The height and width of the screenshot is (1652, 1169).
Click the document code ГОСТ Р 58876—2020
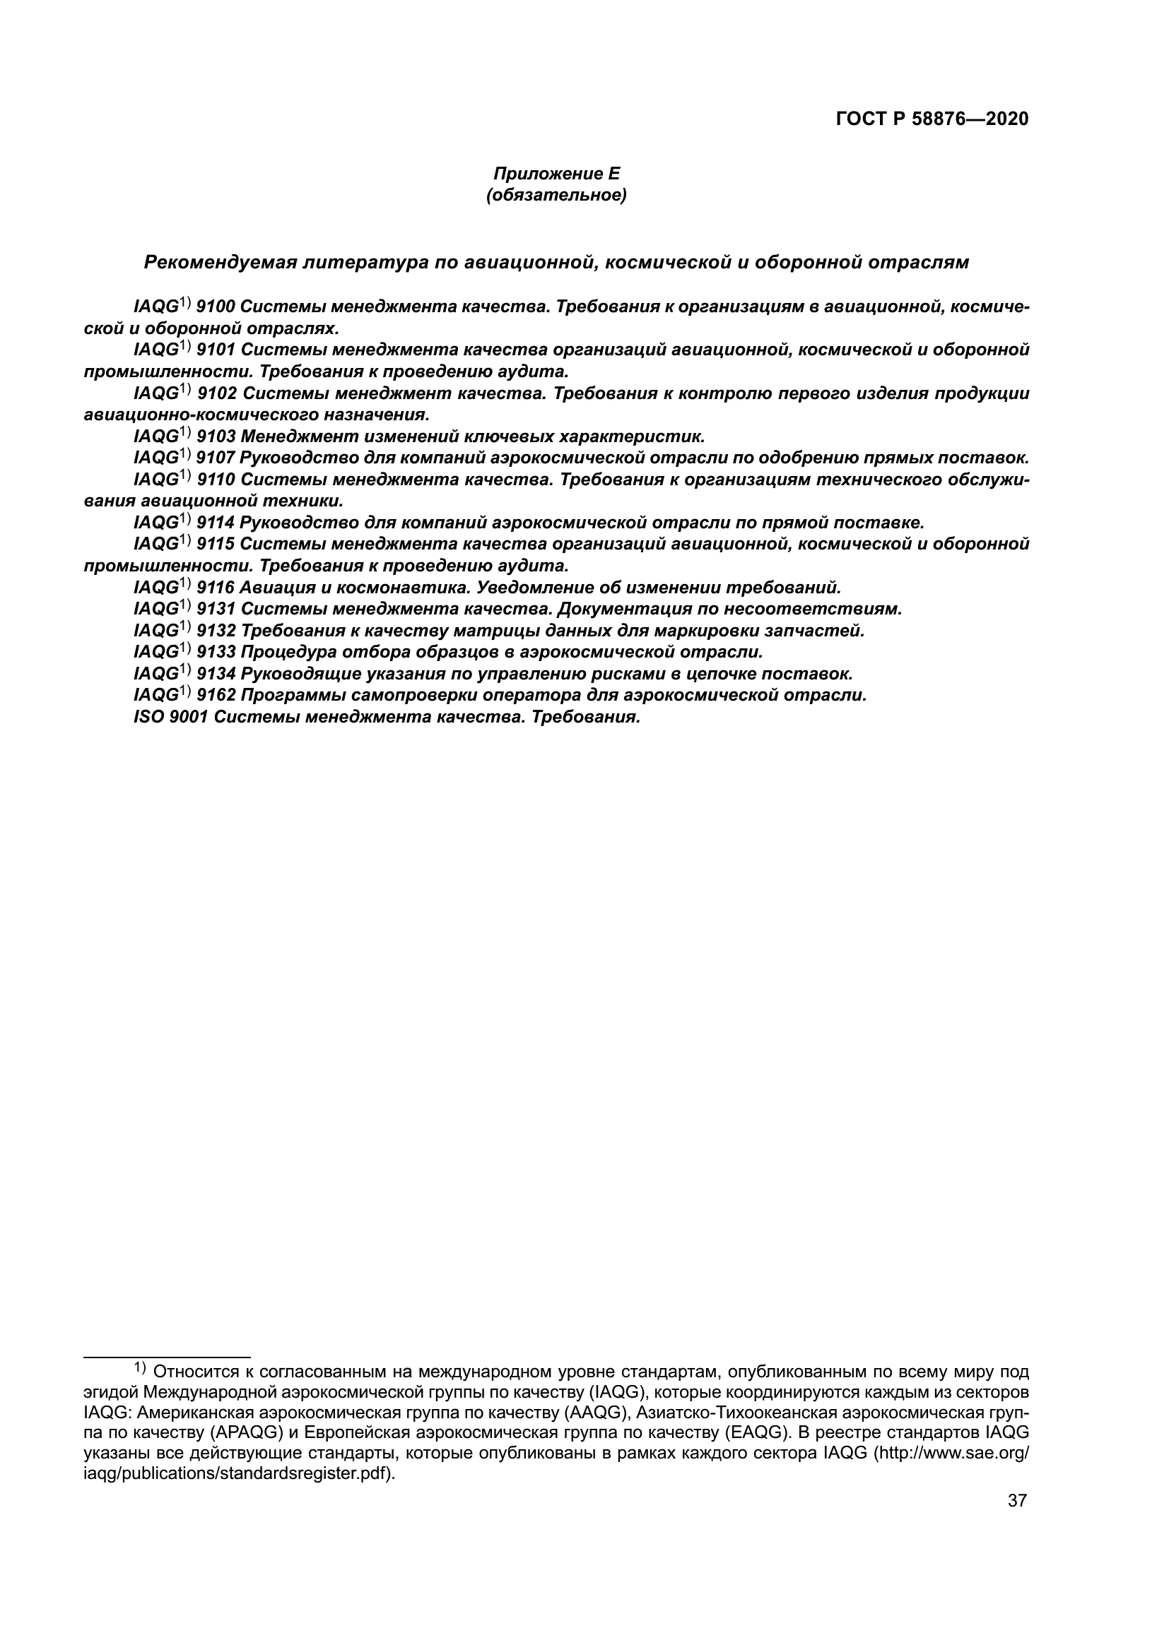(932, 119)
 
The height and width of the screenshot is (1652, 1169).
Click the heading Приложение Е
(556, 174)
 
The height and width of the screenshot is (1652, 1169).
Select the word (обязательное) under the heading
(556, 195)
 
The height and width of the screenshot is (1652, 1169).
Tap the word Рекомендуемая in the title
(221, 263)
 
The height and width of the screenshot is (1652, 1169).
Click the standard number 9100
(216, 307)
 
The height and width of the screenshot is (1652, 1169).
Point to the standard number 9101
(216, 350)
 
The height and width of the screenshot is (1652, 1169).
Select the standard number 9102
(216, 393)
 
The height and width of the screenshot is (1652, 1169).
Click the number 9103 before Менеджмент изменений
(216, 436)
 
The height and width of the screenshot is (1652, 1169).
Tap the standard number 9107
(216, 458)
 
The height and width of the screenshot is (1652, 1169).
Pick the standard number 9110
(216, 480)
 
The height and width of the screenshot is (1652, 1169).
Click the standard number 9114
(216, 523)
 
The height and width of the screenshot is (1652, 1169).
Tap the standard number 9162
(216, 696)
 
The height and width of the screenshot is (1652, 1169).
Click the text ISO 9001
(171, 718)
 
